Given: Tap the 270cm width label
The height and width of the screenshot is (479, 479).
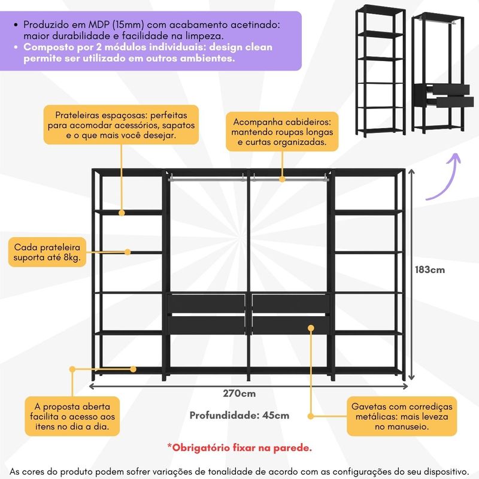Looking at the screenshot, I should click(x=239, y=393).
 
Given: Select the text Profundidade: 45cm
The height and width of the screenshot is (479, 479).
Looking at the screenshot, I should click(x=239, y=415).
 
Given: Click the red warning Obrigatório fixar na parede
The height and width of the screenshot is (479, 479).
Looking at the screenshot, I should click(x=239, y=447).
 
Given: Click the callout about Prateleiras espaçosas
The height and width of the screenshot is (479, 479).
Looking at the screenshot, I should click(x=122, y=125).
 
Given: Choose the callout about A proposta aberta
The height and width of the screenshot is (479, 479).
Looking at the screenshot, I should click(x=72, y=416).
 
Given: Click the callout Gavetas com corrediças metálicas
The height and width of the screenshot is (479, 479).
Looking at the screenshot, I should click(x=402, y=416).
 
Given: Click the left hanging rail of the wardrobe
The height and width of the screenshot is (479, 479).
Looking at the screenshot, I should click(x=207, y=177).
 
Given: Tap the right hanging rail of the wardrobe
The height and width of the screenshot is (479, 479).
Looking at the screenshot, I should click(x=289, y=177).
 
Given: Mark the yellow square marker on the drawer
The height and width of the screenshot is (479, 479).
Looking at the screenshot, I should click(x=311, y=328).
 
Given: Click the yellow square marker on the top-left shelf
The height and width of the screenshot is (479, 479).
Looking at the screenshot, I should click(x=122, y=212).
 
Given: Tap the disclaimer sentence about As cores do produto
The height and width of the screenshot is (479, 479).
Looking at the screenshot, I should click(x=239, y=471).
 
